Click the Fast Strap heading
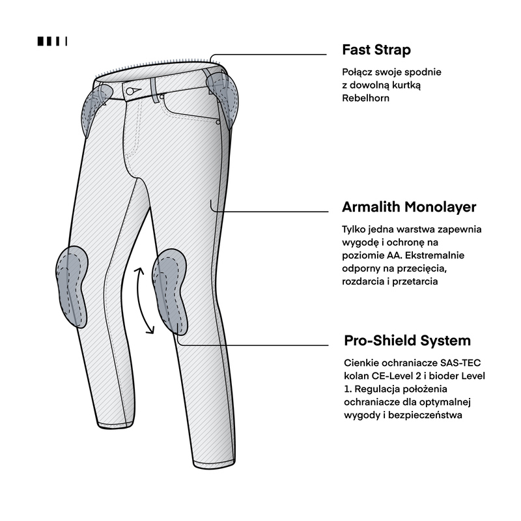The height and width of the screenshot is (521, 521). click(376, 50)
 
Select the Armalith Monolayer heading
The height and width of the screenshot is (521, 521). click(409, 206)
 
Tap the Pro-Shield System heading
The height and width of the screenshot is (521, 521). click(408, 341)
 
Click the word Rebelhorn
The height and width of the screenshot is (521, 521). click(365, 98)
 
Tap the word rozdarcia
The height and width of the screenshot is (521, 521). click(363, 281)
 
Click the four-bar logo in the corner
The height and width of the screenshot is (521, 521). click(53, 41)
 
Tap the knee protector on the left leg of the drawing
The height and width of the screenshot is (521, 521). click(72, 287)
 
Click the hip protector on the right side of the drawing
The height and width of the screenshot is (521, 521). click(223, 98)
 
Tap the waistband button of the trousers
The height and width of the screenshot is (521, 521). click(130, 91)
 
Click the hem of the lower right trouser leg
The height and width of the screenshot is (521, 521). click(215, 465)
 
